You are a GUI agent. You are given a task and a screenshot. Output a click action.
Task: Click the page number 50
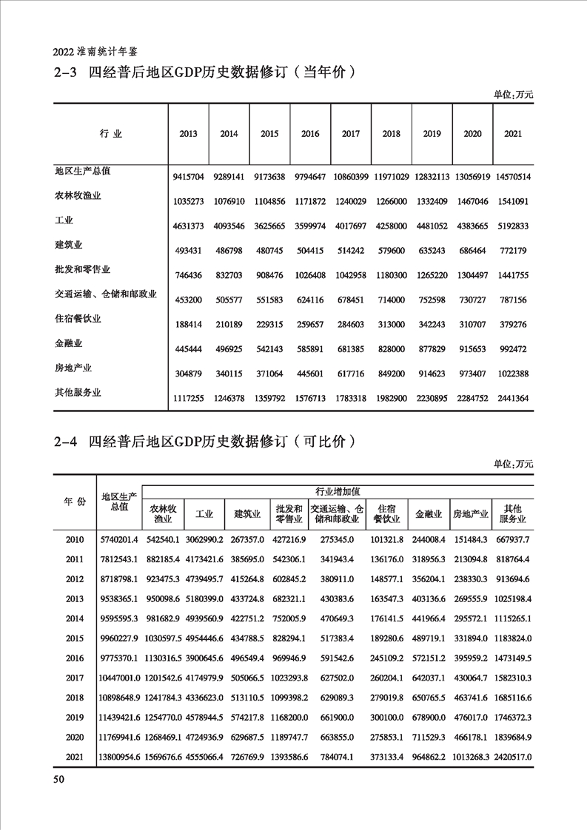(x=60, y=780)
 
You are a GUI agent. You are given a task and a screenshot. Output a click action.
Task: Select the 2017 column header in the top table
(x=351, y=134)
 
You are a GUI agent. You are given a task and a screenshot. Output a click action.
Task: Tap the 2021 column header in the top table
(x=512, y=134)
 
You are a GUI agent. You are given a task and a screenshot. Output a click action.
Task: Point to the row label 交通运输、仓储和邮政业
(x=106, y=294)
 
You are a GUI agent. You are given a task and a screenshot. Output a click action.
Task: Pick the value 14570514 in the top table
(x=512, y=178)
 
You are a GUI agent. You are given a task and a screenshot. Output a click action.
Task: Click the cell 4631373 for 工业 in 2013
(x=189, y=227)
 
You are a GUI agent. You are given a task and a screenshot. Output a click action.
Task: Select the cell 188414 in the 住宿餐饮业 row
(x=189, y=325)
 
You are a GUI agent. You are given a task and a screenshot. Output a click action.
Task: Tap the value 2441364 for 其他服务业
(x=512, y=398)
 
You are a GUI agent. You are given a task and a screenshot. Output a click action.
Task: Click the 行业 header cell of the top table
(x=110, y=134)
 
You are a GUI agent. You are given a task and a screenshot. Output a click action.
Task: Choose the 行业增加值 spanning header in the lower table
(x=338, y=491)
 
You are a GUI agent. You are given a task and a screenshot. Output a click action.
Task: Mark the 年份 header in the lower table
(x=75, y=502)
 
